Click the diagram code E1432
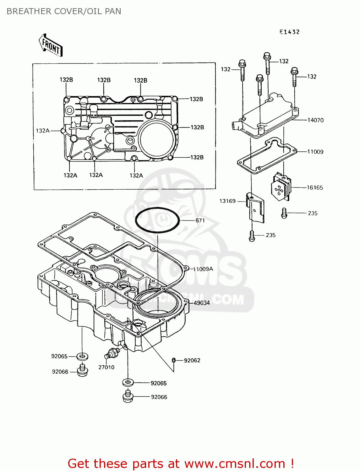(289, 32)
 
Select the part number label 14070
(315, 120)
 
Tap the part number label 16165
(315, 187)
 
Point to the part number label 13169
(227, 201)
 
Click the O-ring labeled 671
(157, 220)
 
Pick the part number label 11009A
(203, 269)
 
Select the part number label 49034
(202, 303)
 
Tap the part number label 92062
(192, 360)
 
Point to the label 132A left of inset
(43, 131)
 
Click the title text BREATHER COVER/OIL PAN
(64, 11)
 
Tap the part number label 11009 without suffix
(315, 152)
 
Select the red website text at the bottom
(181, 463)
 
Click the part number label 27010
(106, 367)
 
